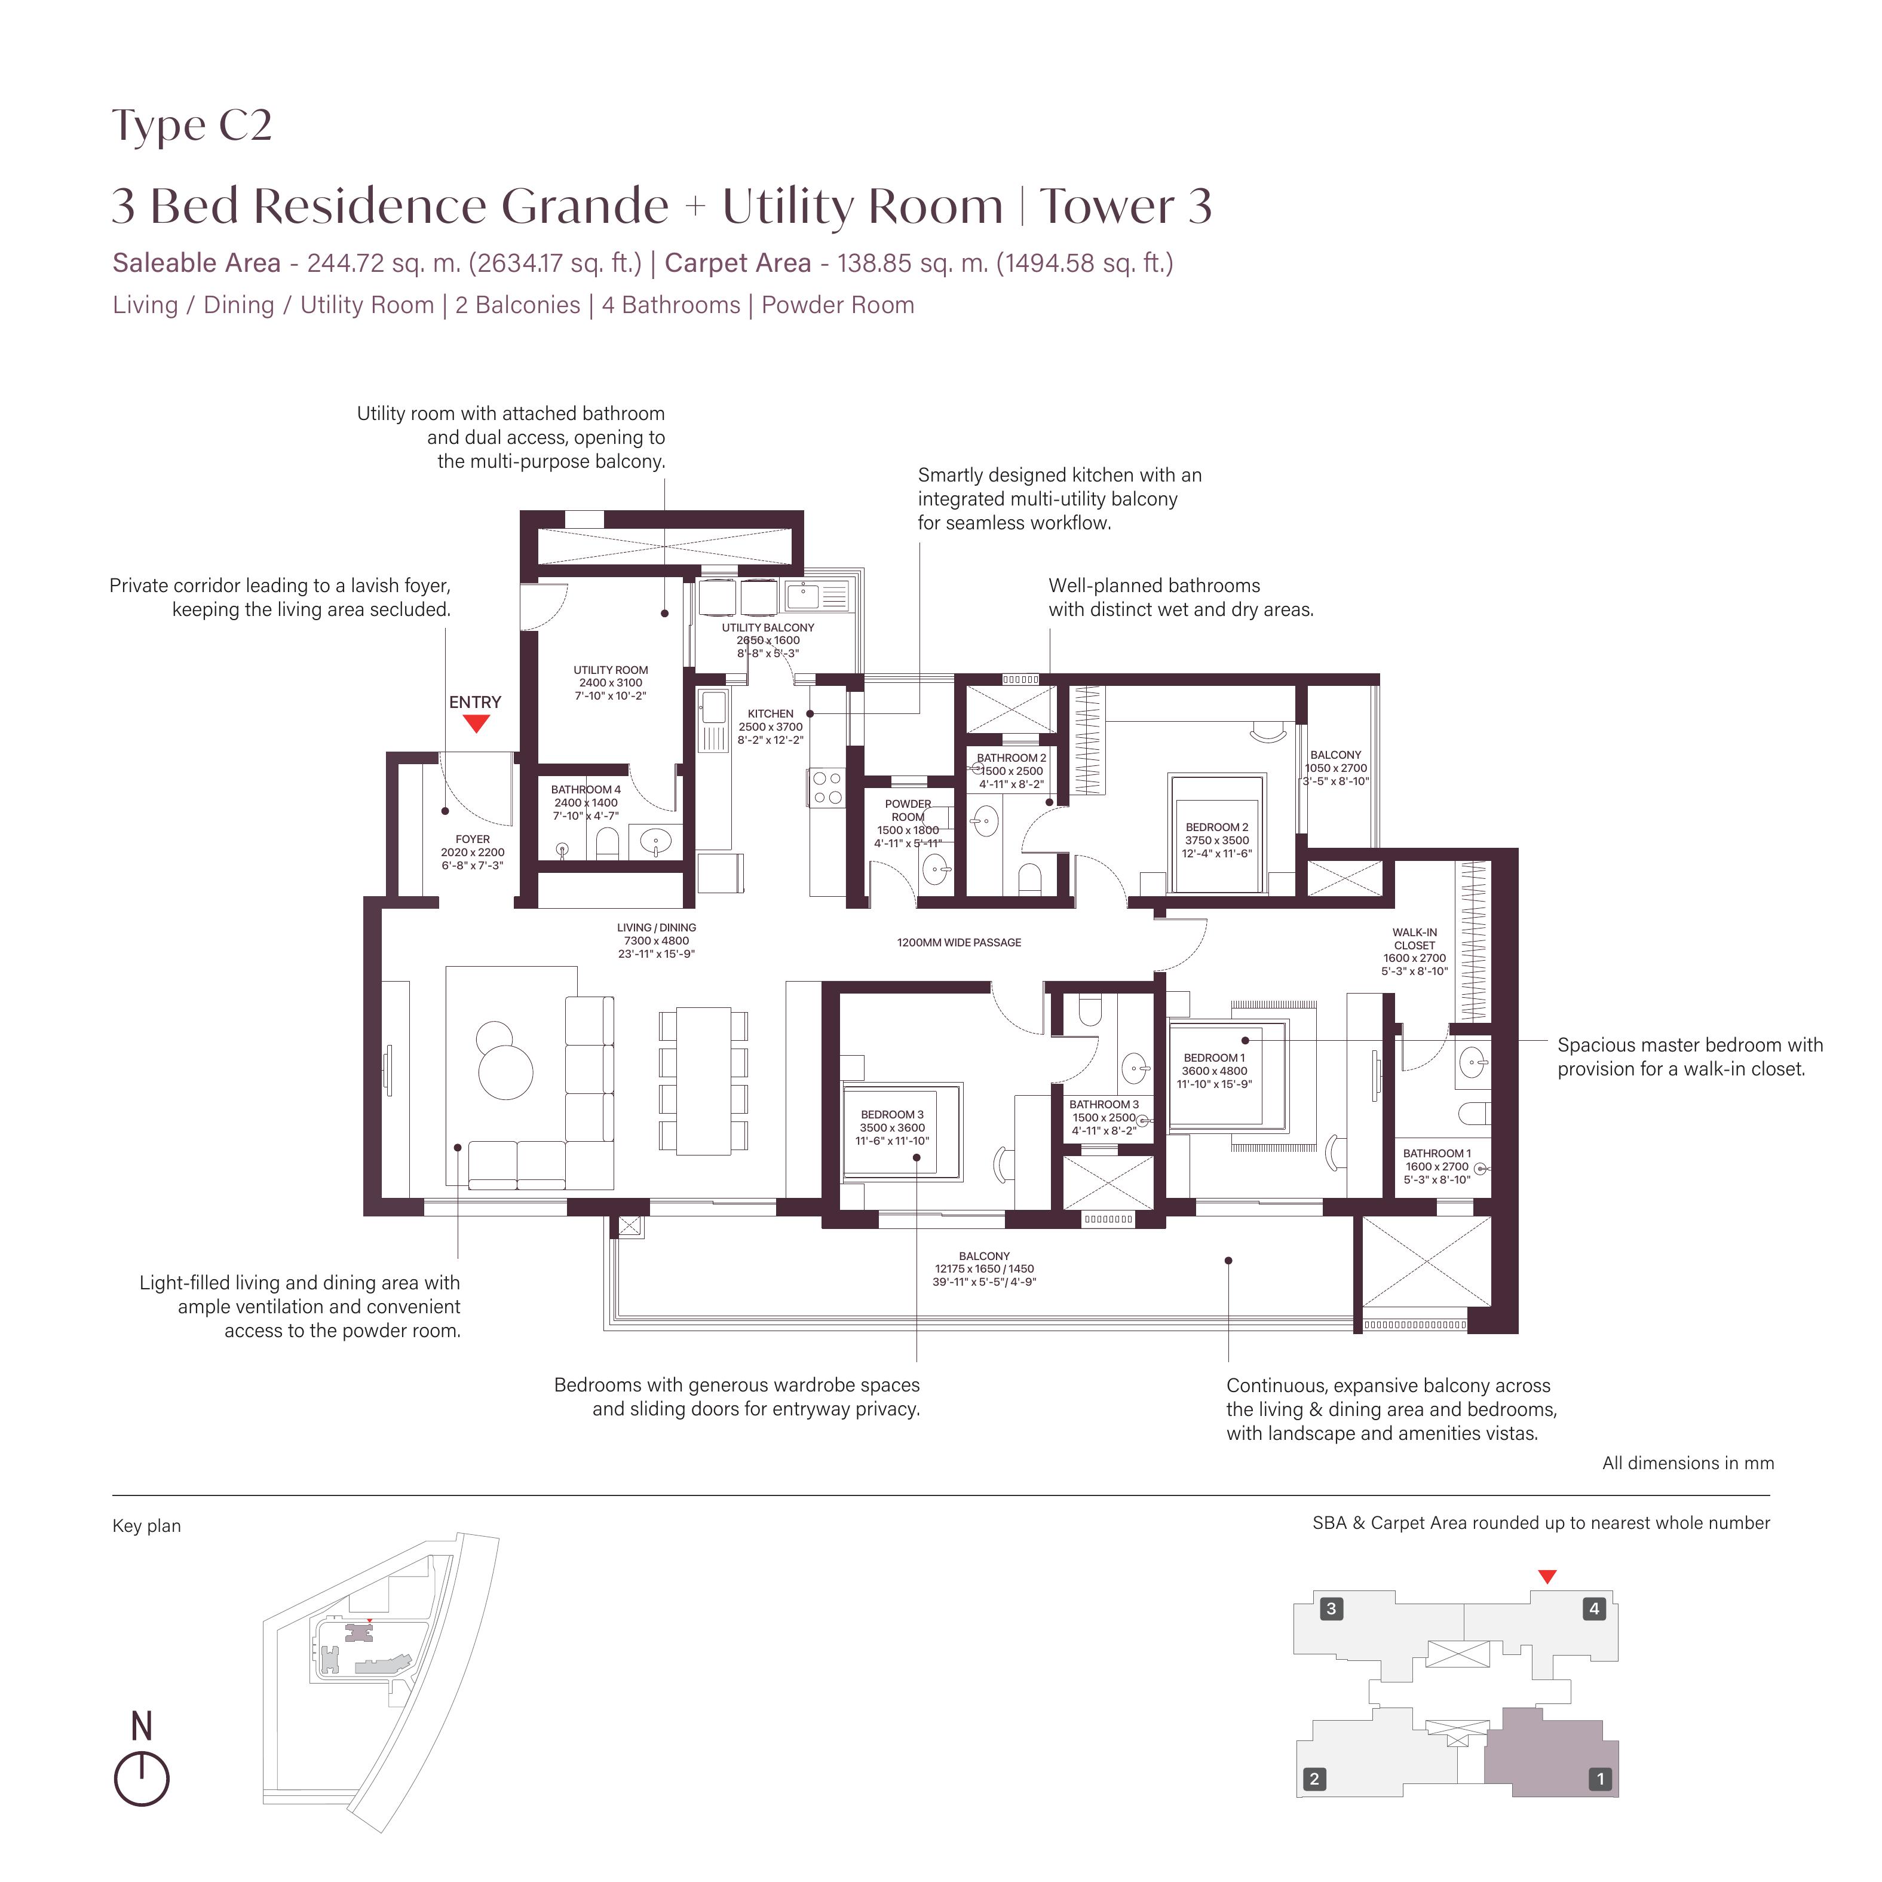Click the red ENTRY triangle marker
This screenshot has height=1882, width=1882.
coord(476,724)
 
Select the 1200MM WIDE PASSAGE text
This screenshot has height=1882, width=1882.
coord(958,942)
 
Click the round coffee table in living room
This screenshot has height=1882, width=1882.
coord(505,1069)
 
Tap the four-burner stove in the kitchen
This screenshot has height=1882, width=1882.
coord(827,788)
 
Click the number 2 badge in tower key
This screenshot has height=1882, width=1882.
coord(1313,1779)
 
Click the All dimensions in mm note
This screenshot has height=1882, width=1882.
coord(1687,1463)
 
